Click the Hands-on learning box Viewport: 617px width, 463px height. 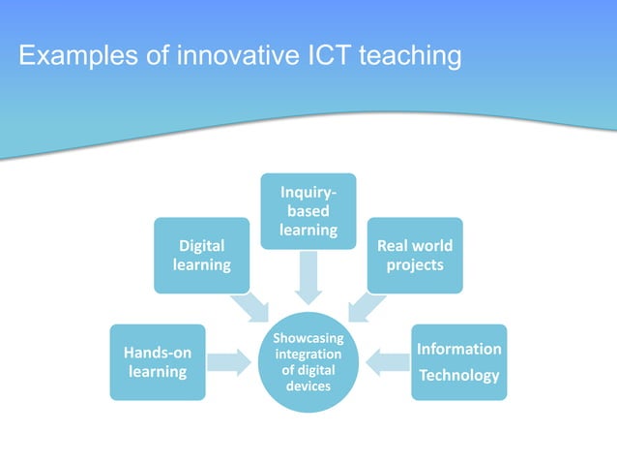click(158, 362)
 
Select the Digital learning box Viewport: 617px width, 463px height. click(202, 255)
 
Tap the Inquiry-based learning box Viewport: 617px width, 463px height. click(308, 209)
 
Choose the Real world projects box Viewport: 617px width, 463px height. click(415, 255)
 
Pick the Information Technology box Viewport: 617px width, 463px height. click(458, 361)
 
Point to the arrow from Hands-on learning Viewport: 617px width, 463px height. click(227, 362)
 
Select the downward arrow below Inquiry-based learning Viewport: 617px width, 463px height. click(308, 276)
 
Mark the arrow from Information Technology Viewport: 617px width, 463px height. click(390, 362)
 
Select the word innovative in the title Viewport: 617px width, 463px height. click(230, 56)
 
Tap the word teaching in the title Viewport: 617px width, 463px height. click(409, 56)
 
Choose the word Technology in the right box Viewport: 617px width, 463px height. click(458, 375)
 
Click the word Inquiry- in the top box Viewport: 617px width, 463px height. click(308, 193)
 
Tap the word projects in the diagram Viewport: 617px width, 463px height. click(415, 264)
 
